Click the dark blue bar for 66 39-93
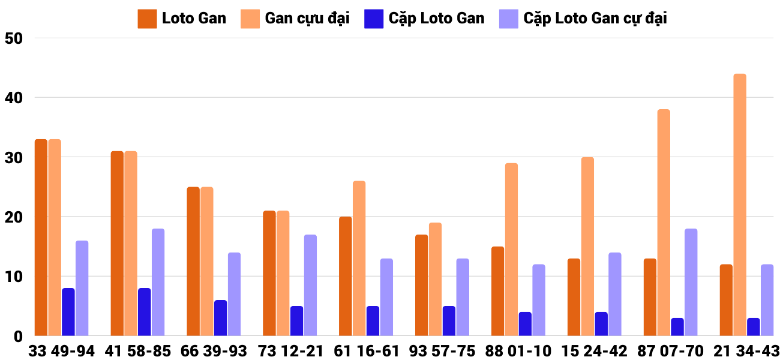pyautogui.click(x=221, y=318)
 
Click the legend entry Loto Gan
pyautogui.click(x=194, y=19)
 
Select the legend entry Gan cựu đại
pyautogui.click(x=307, y=19)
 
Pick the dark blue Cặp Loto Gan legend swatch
pyautogui.click(x=373, y=19)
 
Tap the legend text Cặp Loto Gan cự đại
pyautogui.click(x=595, y=19)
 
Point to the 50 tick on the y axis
pyautogui.click(x=13, y=38)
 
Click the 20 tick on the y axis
pyautogui.click(x=13, y=217)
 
